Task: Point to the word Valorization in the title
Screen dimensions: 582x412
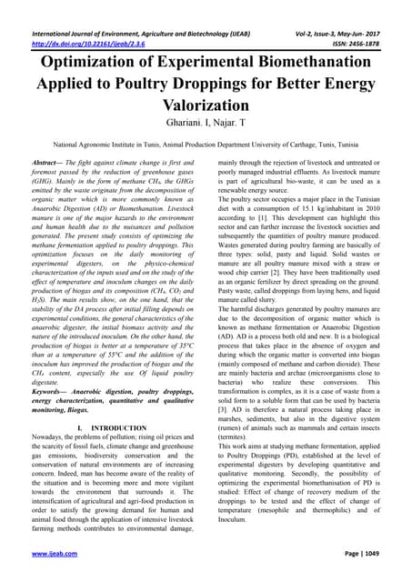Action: (206, 99)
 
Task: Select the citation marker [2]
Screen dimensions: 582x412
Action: (291, 273)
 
